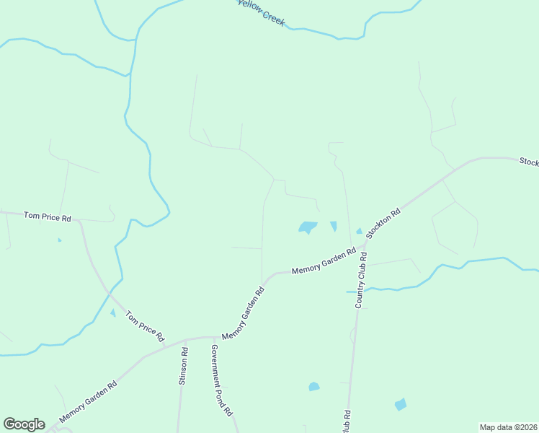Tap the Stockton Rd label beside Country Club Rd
[383, 224]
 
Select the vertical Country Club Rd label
[361, 281]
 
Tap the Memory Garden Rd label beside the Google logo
[88, 402]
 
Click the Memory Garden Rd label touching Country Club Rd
[324, 261]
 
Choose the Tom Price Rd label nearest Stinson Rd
[145, 326]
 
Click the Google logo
[24, 424]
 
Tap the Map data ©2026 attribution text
[508, 427]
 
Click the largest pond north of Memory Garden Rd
[308, 227]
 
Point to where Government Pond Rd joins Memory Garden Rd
[213, 337]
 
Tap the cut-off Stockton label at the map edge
[529, 162]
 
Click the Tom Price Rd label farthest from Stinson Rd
[48, 216]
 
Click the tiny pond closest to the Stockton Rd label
[359, 231]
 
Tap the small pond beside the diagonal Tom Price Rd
[112, 312]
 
